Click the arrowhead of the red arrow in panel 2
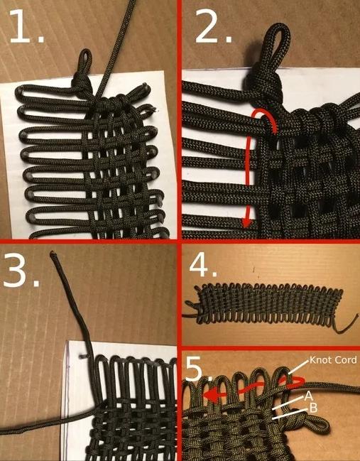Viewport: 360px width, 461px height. [x=246, y=222]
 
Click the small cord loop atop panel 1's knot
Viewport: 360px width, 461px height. [x=84, y=58]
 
